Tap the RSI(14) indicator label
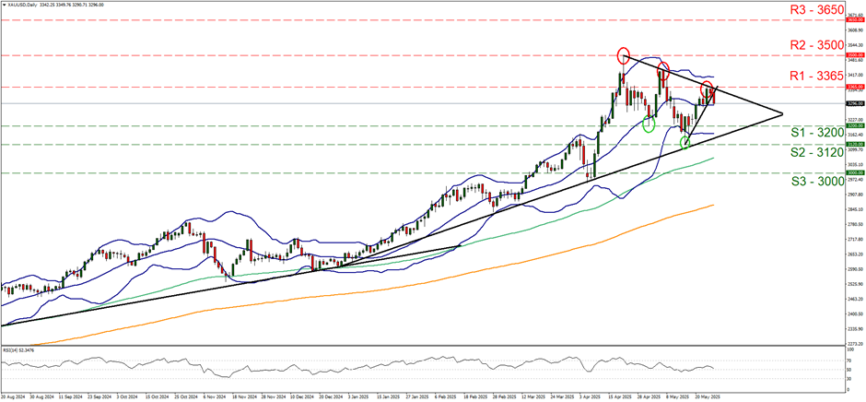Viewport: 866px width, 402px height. pyautogui.click(x=22, y=349)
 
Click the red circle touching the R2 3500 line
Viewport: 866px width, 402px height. pyautogui.click(x=624, y=55)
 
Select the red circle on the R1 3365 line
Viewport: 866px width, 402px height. pyautogui.click(x=707, y=89)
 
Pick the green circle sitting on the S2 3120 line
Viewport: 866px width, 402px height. pyautogui.click(x=685, y=143)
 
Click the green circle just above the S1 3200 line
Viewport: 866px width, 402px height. pyautogui.click(x=649, y=124)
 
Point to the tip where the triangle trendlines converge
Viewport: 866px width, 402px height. pyautogui.click(x=782, y=114)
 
